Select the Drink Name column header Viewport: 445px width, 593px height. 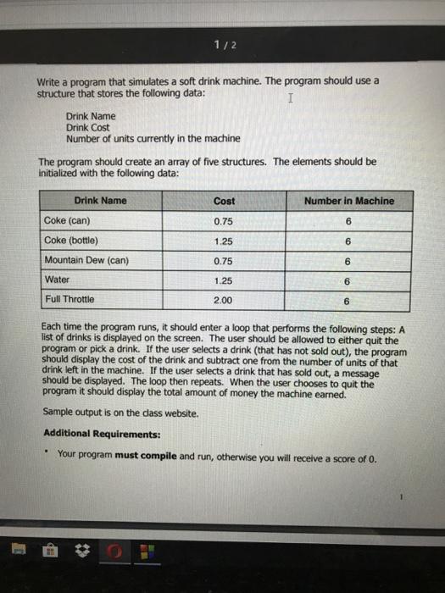(100, 201)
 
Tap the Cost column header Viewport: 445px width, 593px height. (225, 201)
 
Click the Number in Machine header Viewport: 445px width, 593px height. (348, 201)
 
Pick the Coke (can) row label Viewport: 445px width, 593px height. (71, 220)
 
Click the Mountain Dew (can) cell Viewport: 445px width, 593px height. (86, 259)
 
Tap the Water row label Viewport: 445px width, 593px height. (58, 279)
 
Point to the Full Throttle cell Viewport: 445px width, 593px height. (70, 299)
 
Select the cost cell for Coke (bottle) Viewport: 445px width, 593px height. (224, 241)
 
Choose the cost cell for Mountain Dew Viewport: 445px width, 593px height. (224, 260)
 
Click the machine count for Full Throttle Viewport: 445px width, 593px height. (347, 300)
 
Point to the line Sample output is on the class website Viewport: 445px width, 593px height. (120, 414)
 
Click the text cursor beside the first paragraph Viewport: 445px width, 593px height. (291, 99)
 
